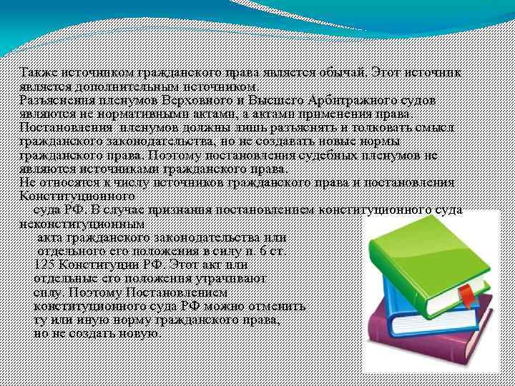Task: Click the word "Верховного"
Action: click(195, 99)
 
